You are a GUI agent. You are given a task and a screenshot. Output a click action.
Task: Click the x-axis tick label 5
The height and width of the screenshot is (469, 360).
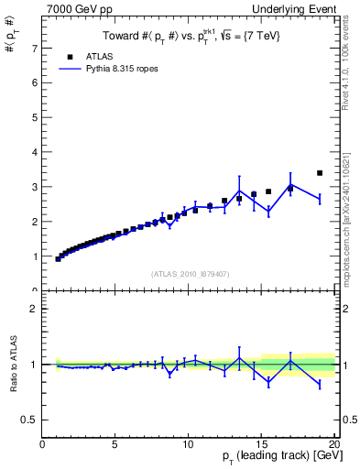pyautogui.click(x=115, y=445)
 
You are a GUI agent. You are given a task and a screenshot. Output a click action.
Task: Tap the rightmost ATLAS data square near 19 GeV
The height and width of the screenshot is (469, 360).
pyautogui.click(x=320, y=173)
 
